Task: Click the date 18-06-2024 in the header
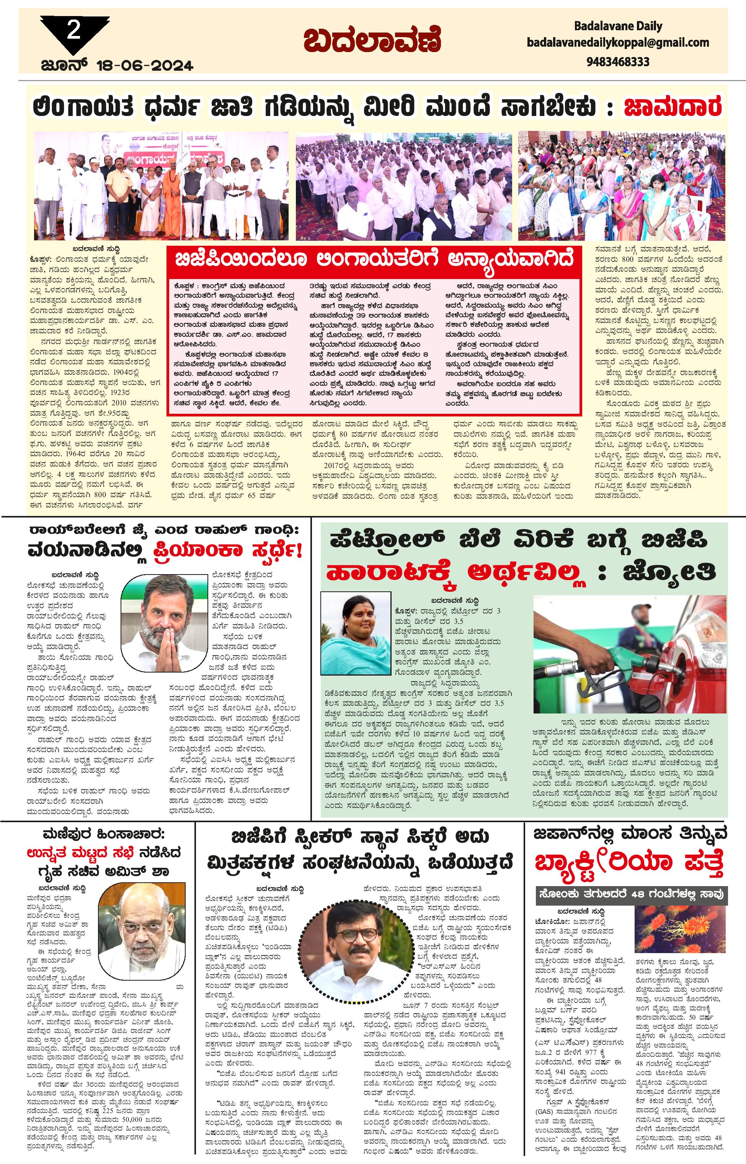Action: (145, 65)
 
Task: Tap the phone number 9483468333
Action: (618, 62)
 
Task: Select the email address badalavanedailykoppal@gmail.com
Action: (618, 42)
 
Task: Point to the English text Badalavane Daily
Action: (618, 26)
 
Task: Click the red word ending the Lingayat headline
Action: (673, 108)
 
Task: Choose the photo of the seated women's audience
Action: (622, 186)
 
